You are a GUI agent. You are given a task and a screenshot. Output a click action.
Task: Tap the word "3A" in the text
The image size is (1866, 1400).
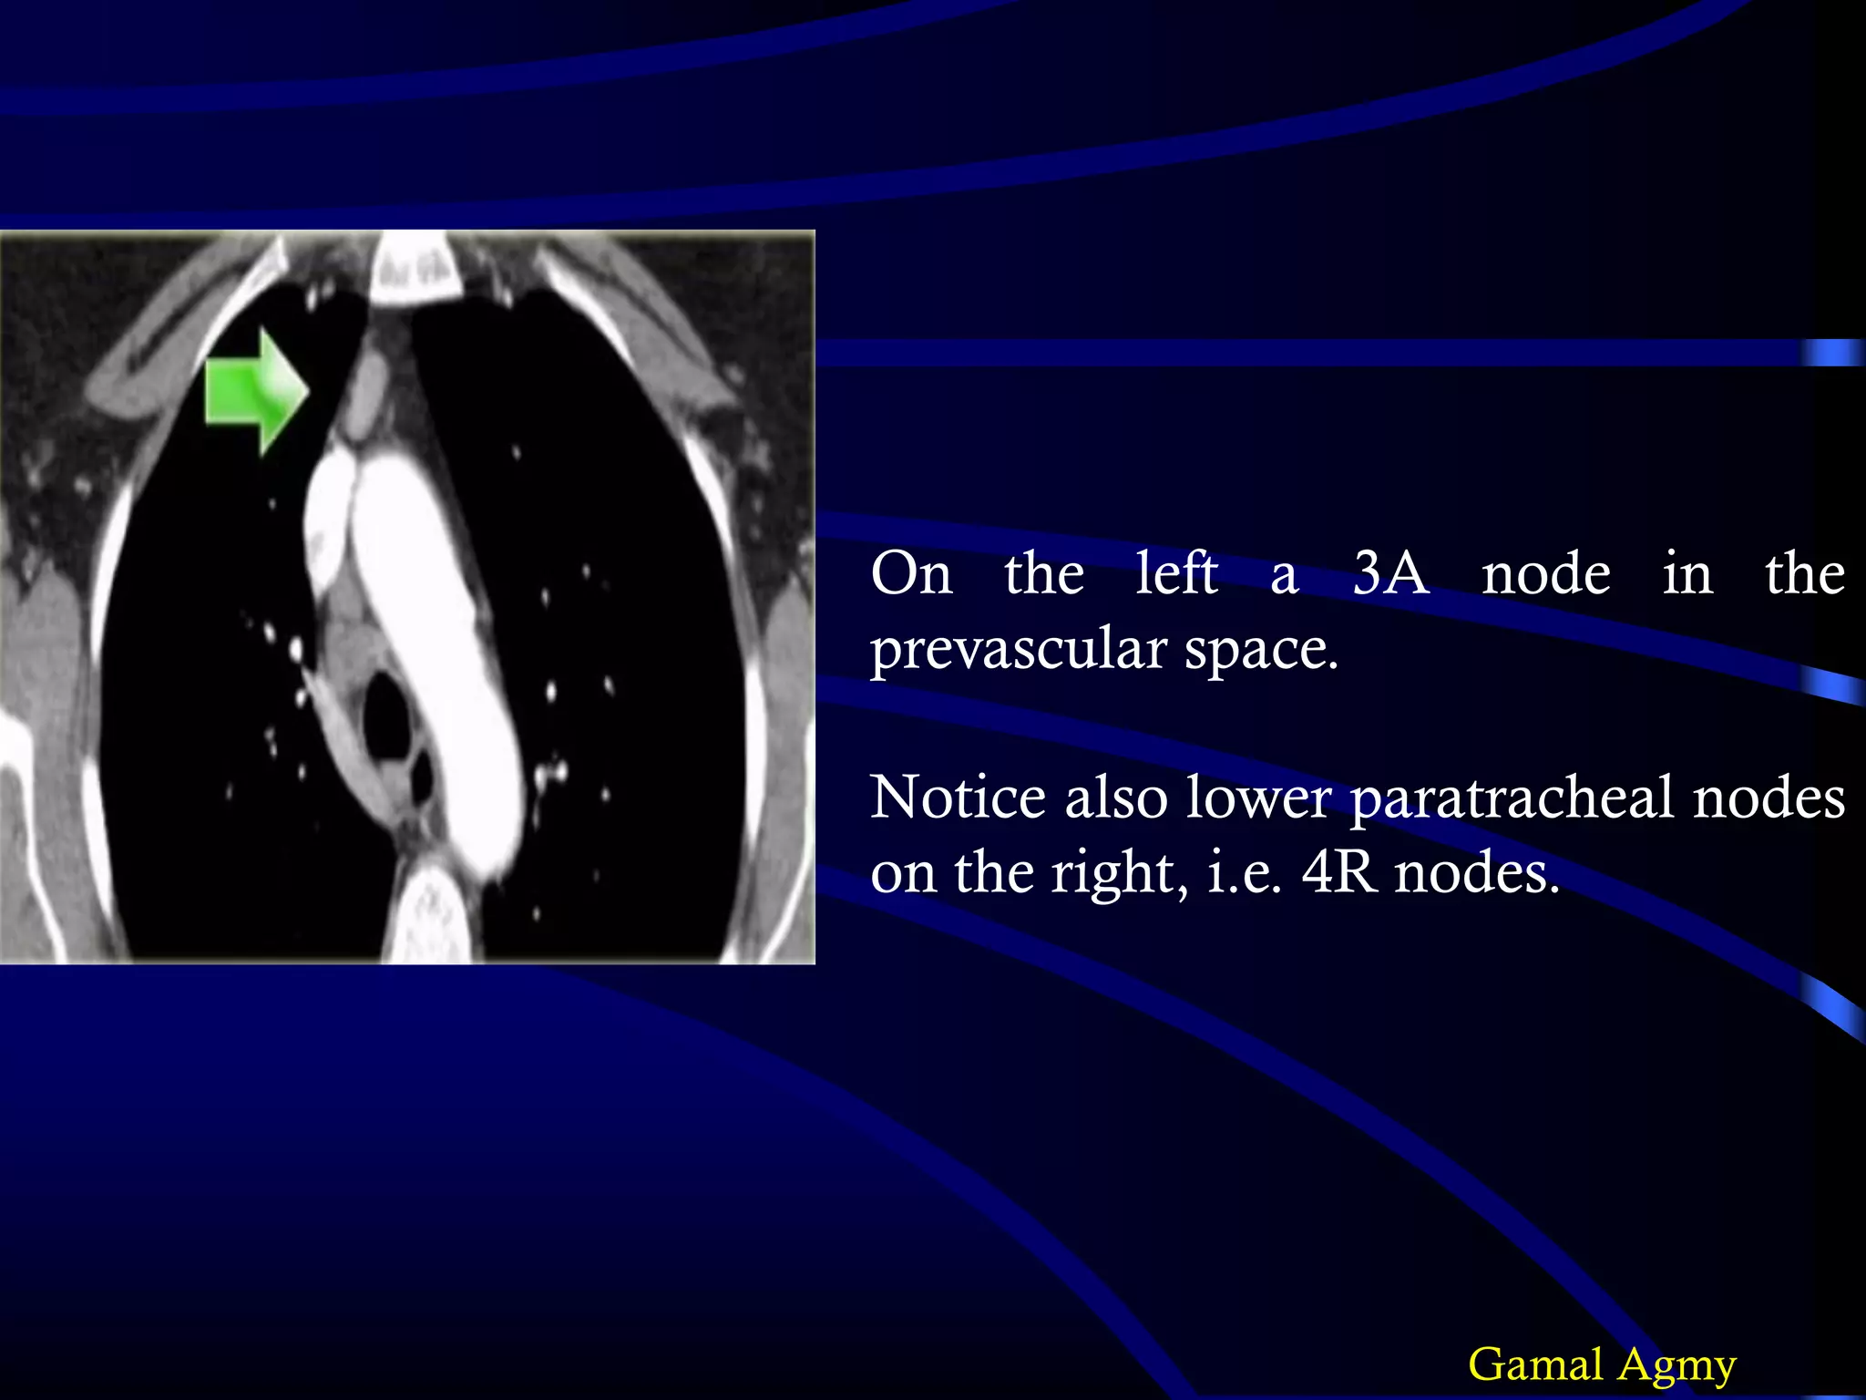click(x=1390, y=574)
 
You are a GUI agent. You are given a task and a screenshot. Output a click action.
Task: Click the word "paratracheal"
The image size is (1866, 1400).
click(x=1512, y=798)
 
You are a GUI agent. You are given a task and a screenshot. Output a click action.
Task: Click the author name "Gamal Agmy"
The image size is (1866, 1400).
click(x=1602, y=1364)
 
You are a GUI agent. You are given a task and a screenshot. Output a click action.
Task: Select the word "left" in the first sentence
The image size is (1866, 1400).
click(x=1176, y=574)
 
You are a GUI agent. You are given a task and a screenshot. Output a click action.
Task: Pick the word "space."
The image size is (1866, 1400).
click(x=1261, y=651)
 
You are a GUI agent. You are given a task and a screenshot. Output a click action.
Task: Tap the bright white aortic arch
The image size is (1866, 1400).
click(x=437, y=638)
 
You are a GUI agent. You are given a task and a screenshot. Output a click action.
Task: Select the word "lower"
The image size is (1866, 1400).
click(x=1258, y=798)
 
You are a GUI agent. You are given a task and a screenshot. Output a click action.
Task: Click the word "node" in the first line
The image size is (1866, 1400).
click(x=1545, y=574)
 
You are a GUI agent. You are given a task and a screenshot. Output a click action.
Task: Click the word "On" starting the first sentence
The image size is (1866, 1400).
click(x=911, y=574)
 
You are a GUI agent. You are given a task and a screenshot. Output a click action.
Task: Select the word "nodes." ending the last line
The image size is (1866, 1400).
click(x=1477, y=873)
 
